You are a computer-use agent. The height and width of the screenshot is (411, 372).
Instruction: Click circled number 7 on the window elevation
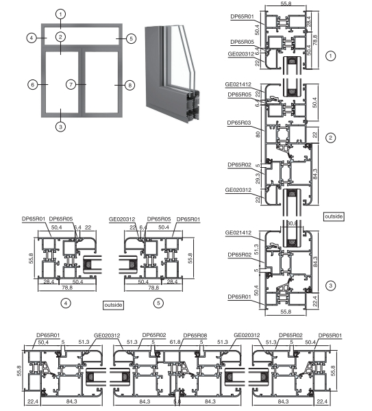click(x=71, y=84)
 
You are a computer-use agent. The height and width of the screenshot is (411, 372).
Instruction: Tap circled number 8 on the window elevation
click(x=129, y=84)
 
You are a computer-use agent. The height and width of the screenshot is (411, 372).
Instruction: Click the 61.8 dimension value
click(x=175, y=342)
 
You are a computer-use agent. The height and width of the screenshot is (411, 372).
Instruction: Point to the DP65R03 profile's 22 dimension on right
click(x=315, y=136)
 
